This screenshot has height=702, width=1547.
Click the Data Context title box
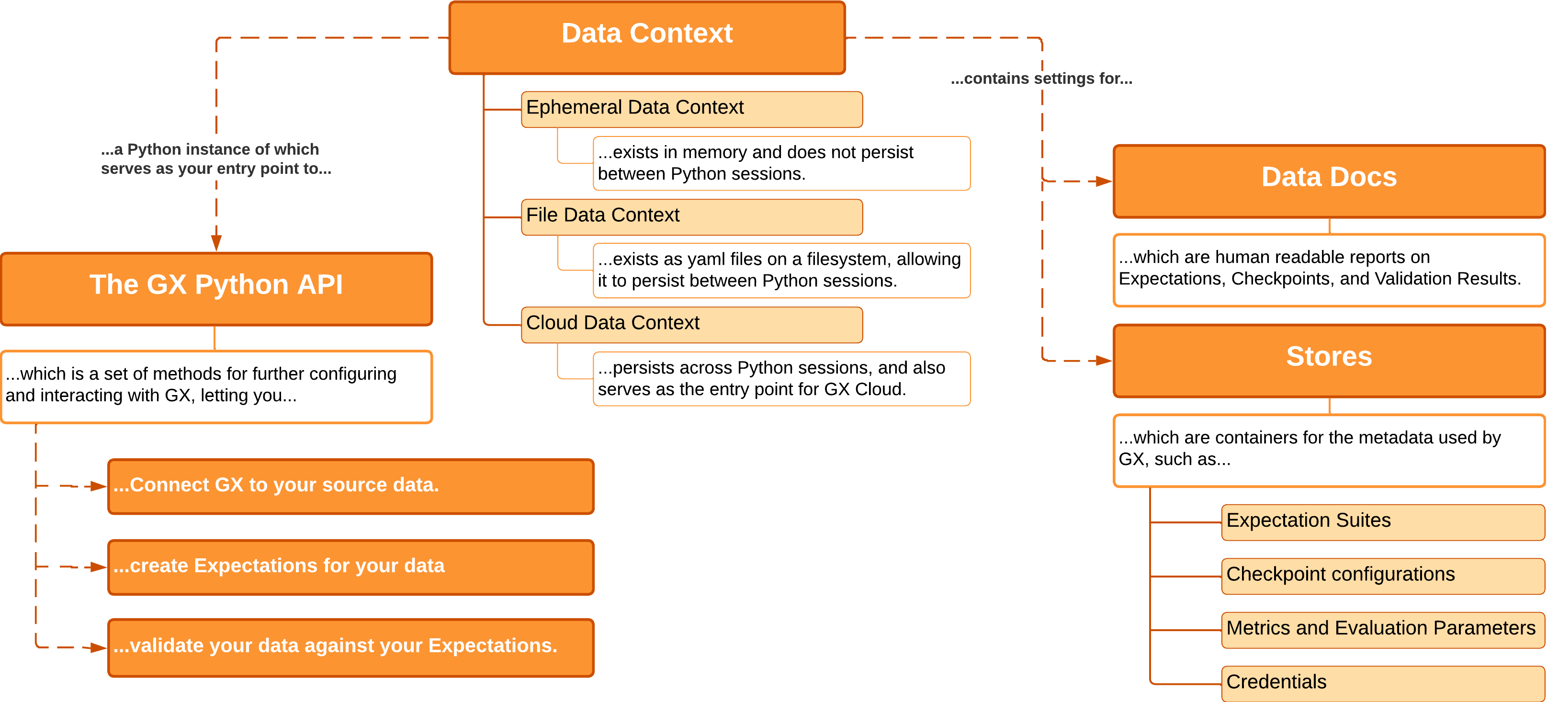point(647,37)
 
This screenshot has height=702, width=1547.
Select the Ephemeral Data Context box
point(691,109)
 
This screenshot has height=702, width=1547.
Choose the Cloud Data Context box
point(691,324)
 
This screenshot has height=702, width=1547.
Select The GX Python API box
point(216,288)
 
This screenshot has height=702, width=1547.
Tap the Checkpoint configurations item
point(1382,575)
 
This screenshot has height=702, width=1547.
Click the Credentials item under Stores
point(1382,683)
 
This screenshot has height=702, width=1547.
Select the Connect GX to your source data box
point(350,487)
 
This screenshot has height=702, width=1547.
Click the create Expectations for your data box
point(350,567)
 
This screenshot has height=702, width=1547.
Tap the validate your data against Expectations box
point(350,647)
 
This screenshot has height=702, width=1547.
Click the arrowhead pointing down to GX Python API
point(216,243)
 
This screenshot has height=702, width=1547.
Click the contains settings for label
point(1041,79)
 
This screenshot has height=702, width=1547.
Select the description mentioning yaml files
point(781,270)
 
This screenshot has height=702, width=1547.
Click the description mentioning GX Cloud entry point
point(781,378)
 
